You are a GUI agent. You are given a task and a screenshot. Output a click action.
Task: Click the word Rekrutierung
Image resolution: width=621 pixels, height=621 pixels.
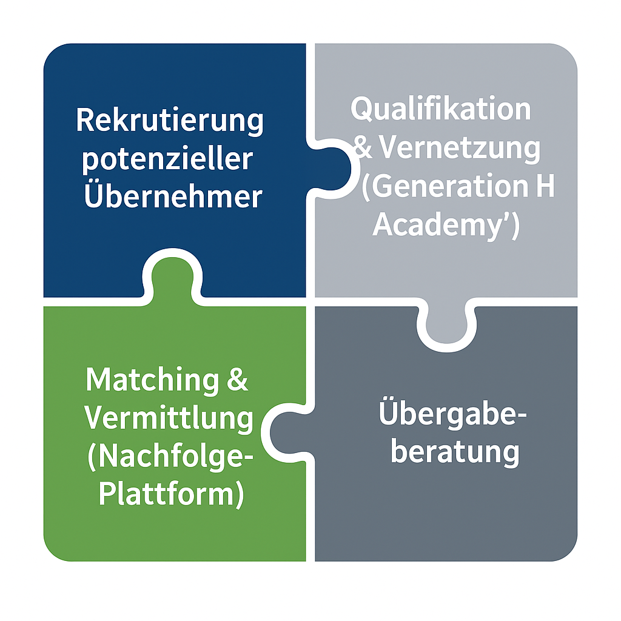(170, 121)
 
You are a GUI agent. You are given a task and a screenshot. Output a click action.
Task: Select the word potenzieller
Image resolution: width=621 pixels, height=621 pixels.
(167, 159)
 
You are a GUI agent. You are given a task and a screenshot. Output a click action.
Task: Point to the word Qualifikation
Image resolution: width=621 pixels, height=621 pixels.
(441, 110)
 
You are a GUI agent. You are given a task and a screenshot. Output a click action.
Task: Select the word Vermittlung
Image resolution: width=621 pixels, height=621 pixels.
(169, 418)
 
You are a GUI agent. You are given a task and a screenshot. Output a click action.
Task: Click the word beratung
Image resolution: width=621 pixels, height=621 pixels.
(455, 452)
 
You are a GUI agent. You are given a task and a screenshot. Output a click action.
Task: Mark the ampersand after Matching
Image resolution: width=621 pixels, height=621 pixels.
(235, 381)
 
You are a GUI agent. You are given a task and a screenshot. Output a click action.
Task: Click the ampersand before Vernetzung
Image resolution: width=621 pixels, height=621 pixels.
(364, 149)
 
